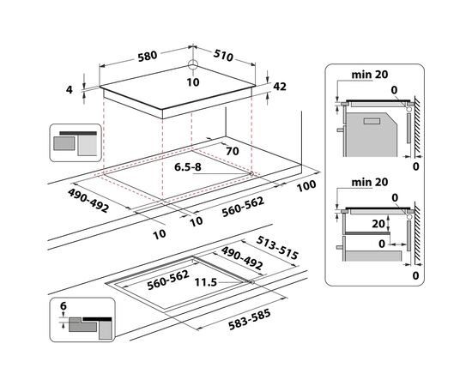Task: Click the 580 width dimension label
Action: tap(148, 56)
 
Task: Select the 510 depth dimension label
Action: tap(222, 57)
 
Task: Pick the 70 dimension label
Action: tap(231, 150)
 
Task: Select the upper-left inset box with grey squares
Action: tap(74, 144)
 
